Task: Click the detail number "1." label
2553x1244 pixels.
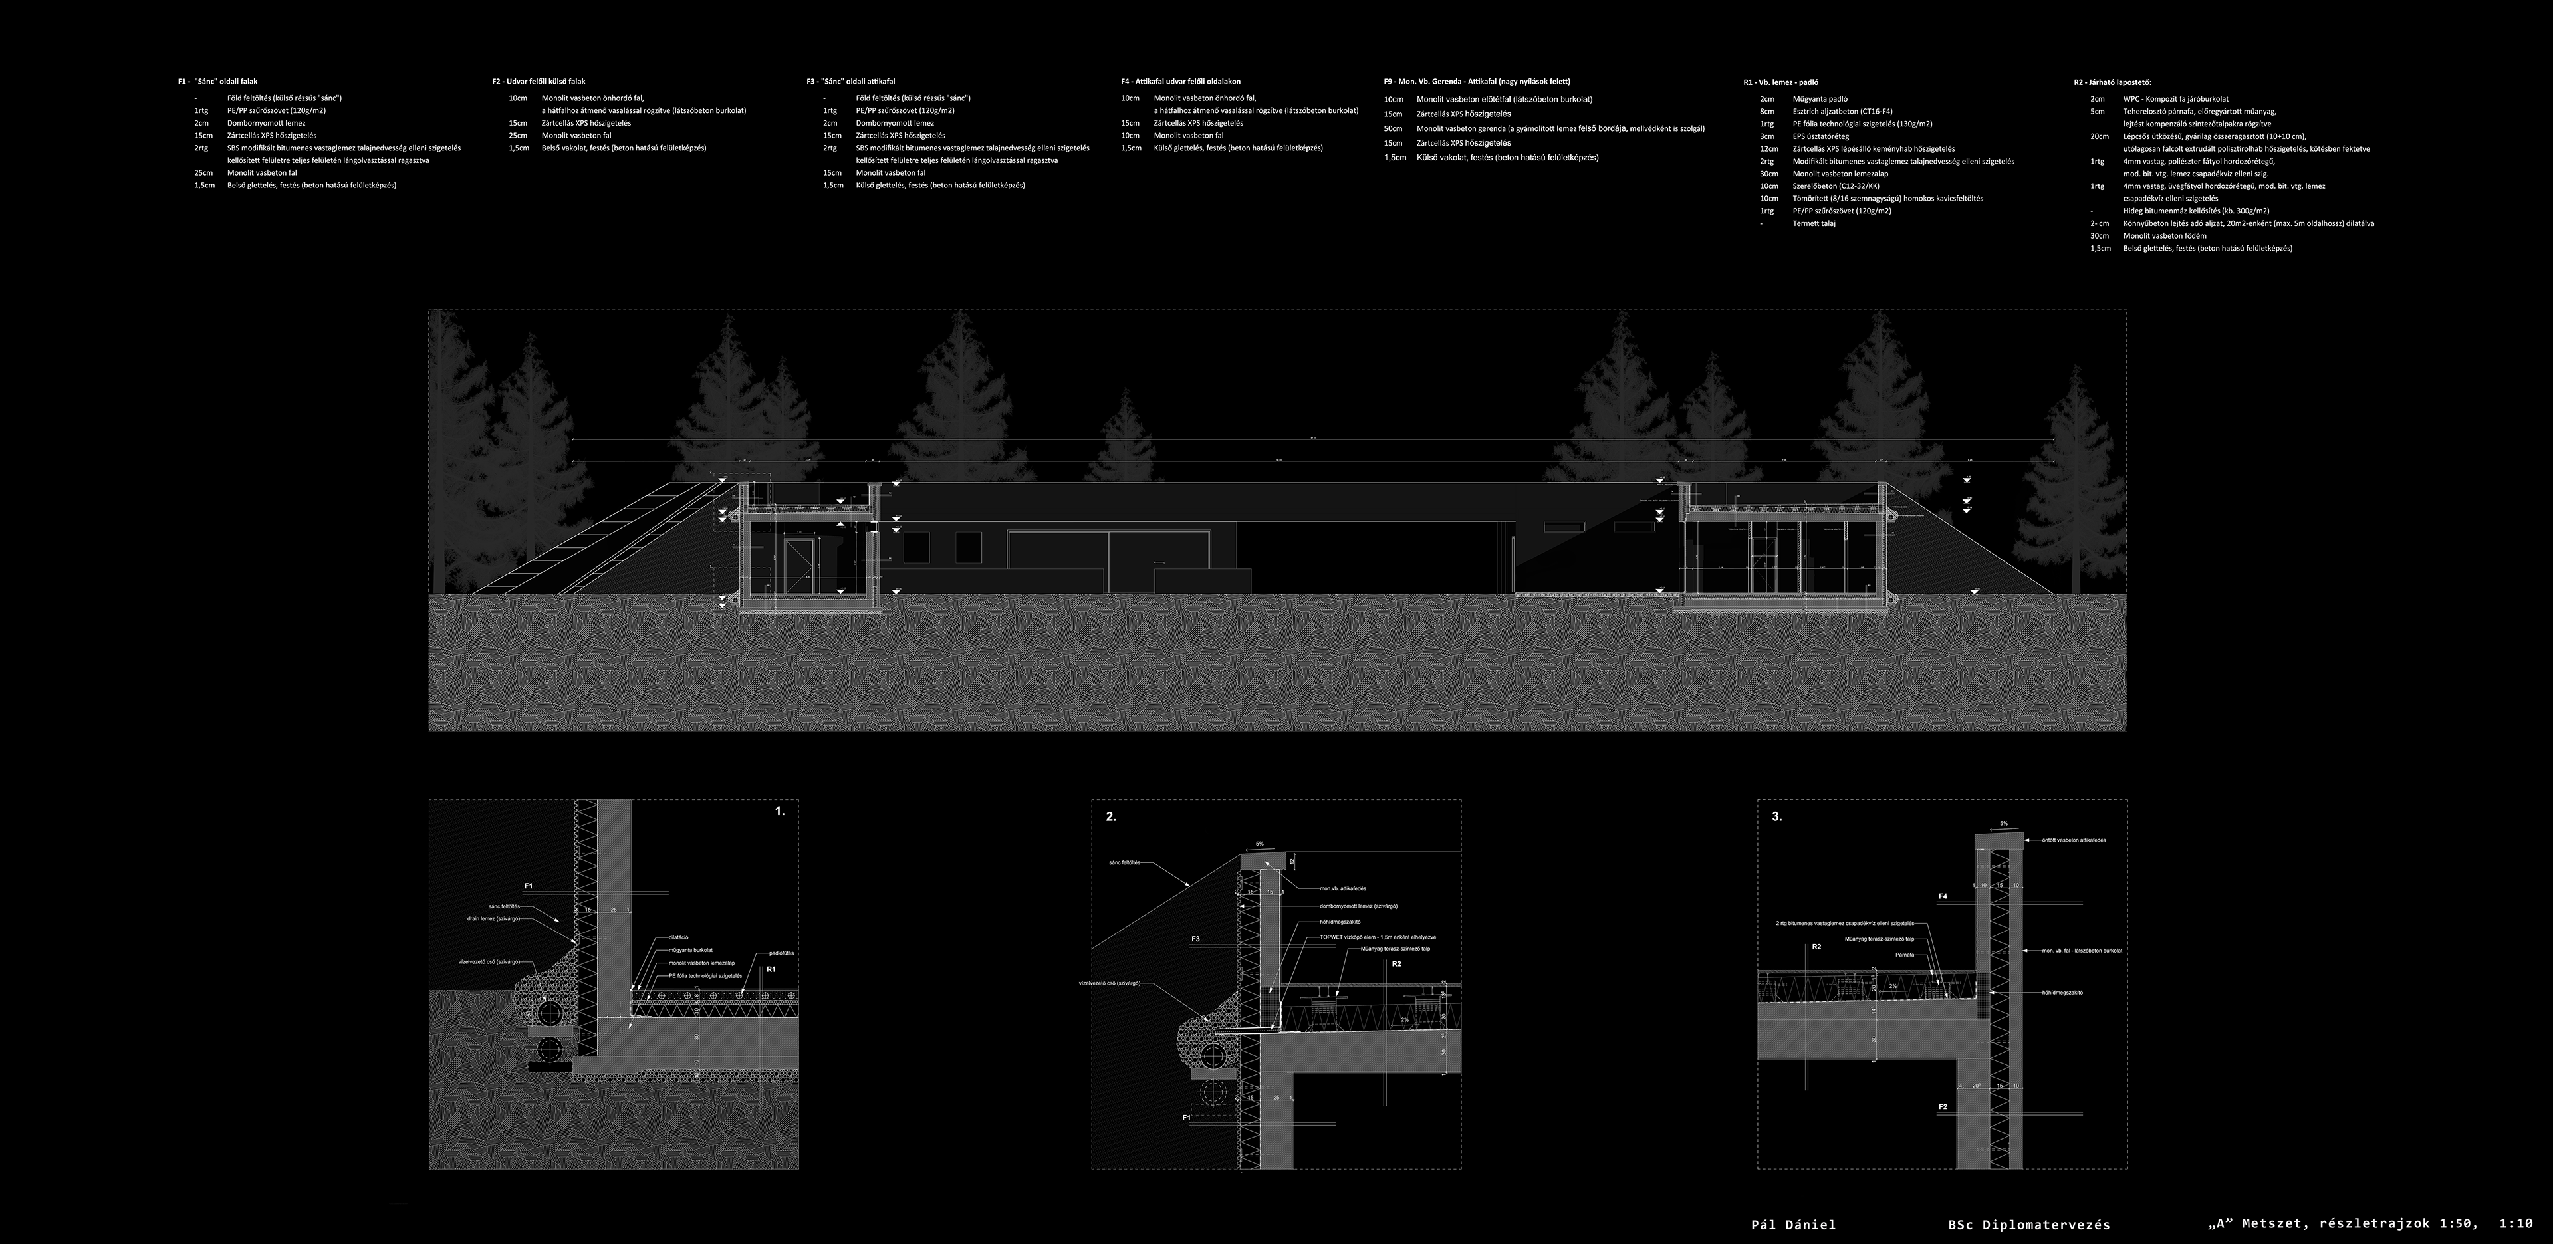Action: tap(779, 811)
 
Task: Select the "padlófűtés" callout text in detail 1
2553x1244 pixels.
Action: tap(781, 953)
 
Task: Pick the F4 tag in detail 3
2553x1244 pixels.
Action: tap(1943, 896)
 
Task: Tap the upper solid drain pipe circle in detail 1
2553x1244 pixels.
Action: tap(548, 1011)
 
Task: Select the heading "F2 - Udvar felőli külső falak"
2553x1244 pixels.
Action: tap(545, 81)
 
